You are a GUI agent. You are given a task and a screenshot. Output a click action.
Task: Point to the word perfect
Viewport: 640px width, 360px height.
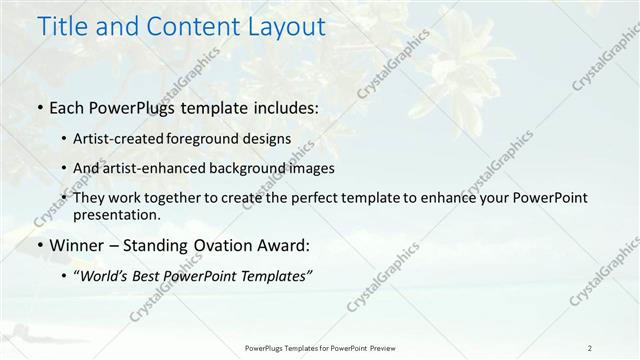(x=309, y=198)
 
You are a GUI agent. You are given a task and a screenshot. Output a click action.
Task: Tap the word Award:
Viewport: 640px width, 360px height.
(x=284, y=245)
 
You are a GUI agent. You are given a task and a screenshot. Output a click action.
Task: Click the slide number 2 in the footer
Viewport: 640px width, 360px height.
(x=590, y=347)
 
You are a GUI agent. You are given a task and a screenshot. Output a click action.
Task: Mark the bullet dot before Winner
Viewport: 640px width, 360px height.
(x=39, y=245)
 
